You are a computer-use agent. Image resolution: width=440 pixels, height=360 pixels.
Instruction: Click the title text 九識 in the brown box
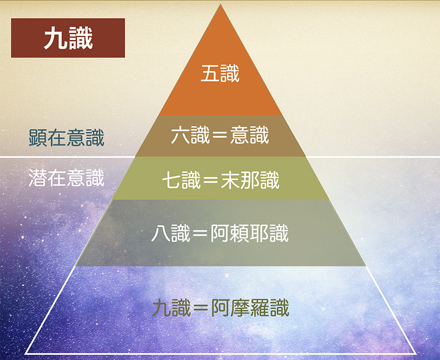[x=68, y=38]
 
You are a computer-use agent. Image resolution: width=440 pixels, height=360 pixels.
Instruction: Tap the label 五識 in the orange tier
[x=220, y=73]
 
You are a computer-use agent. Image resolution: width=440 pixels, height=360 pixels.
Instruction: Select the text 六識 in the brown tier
[x=190, y=135]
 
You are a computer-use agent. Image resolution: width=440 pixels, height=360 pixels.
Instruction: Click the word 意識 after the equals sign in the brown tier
[x=249, y=135]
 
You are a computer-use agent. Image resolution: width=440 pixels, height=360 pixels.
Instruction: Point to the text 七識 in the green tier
[x=181, y=180]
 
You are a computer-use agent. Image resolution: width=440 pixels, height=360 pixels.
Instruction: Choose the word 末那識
[x=250, y=180]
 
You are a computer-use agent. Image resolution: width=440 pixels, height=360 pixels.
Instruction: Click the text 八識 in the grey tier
[x=171, y=233]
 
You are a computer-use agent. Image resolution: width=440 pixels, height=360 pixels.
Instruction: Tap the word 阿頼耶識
[x=249, y=233]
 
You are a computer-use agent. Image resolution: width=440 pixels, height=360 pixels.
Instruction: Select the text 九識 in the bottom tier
[x=172, y=308]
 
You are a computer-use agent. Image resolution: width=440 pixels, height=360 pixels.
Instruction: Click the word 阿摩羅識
[x=250, y=308]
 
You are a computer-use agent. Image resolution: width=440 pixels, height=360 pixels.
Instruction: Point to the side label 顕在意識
[x=66, y=138]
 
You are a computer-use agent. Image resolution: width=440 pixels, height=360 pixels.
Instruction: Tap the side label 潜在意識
[x=66, y=178]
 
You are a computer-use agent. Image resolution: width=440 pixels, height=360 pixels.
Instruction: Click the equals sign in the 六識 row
[x=220, y=135]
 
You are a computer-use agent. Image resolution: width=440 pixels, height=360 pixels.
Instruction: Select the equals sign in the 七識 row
[x=211, y=180]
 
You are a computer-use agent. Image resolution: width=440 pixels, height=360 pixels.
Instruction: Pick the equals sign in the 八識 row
[x=200, y=234]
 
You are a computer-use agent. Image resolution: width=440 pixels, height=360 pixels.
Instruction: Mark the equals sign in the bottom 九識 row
[x=201, y=308]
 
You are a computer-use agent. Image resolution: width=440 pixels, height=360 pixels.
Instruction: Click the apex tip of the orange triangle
[x=220, y=4]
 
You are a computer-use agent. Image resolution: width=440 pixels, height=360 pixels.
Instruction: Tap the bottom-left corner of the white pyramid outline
[x=25, y=354]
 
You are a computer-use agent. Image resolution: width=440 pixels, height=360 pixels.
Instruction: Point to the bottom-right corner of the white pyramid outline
[x=416, y=354]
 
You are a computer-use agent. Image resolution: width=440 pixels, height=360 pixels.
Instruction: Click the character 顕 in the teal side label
[x=38, y=138]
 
